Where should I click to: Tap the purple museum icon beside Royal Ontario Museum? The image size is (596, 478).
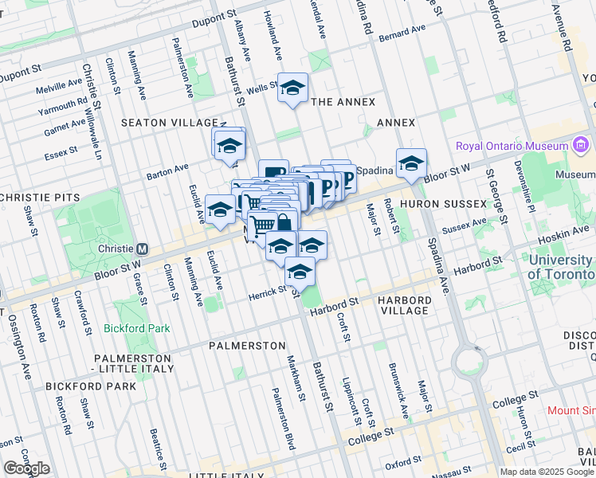(x=580, y=145)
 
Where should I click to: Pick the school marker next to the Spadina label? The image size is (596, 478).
(x=411, y=163)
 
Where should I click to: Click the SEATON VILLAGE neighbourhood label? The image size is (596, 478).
(x=169, y=123)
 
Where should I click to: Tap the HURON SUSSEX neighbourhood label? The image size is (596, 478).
(x=443, y=204)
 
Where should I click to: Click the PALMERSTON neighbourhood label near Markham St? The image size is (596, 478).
(x=247, y=346)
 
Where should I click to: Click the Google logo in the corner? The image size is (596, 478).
(x=26, y=468)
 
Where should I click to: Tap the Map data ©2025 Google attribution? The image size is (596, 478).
(x=547, y=472)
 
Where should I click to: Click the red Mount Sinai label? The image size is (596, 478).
(x=571, y=411)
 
